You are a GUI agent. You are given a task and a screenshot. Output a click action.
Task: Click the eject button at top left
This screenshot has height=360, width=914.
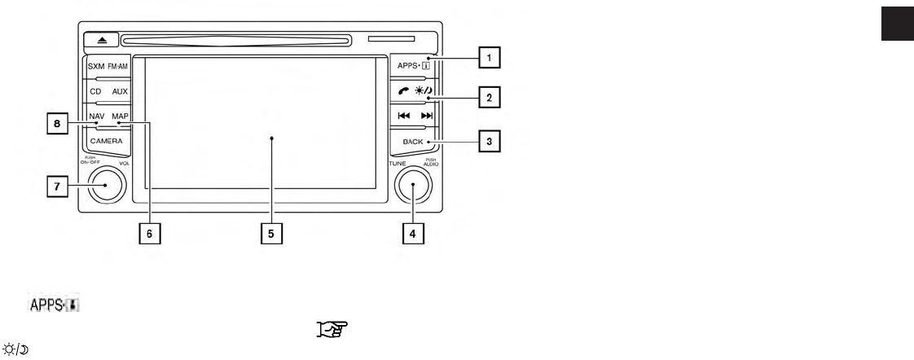tap(99, 39)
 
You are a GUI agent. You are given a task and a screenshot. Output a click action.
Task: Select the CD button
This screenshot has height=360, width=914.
tap(95, 93)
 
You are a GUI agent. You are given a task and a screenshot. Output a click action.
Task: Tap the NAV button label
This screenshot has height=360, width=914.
tap(96, 116)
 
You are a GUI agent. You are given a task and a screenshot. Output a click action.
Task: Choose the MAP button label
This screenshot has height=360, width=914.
tap(121, 116)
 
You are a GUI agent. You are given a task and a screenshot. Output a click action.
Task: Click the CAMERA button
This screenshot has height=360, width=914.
tap(106, 141)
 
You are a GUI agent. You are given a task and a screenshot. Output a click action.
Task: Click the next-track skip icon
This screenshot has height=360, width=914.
tap(427, 116)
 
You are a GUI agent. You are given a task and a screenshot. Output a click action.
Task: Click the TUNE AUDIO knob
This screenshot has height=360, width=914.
tap(414, 185)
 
